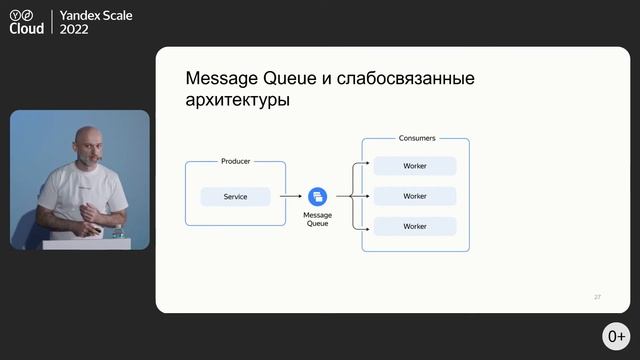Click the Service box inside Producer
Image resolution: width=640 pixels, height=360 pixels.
pos(235,197)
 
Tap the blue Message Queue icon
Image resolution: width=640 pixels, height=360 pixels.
pos(317,196)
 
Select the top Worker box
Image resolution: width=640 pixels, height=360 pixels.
pos(415,166)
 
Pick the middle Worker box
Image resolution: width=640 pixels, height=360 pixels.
pos(415,196)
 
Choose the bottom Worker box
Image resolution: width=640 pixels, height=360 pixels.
pos(415,226)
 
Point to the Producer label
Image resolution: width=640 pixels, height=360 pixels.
pos(235,161)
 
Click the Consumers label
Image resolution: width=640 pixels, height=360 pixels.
pos(416,138)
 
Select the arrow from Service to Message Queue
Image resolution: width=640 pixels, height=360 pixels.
pos(291,197)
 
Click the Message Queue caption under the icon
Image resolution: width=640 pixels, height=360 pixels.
pos(317,219)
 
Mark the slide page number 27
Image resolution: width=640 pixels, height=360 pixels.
pos(597,297)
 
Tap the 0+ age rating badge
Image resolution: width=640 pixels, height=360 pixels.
pos(616,336)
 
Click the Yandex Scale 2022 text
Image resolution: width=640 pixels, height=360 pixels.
pos(96,23)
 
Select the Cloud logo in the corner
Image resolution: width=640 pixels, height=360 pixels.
pos(27,23)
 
